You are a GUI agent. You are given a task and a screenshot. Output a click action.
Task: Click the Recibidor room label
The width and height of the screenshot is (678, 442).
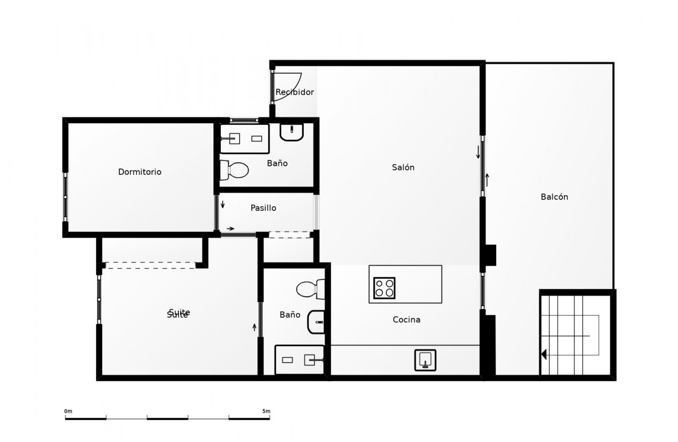pos(294,92)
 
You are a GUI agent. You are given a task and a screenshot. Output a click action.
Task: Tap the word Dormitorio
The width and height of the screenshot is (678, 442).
pos(140,172)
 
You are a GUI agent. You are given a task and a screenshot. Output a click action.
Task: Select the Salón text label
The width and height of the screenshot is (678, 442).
pos(403,167)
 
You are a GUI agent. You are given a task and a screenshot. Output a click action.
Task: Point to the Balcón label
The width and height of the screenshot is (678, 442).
pos(554,197)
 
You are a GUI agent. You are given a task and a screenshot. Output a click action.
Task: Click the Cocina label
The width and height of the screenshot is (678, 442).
pos(406,319)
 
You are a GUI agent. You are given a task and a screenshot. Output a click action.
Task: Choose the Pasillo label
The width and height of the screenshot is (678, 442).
pos(263,208)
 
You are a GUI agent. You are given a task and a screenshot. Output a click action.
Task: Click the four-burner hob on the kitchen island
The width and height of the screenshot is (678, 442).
pos(384,288)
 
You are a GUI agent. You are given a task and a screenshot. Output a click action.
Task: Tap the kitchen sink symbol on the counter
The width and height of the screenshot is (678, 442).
pos(425,360)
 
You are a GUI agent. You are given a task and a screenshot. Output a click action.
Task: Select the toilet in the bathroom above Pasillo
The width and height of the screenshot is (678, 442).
pos(234,169)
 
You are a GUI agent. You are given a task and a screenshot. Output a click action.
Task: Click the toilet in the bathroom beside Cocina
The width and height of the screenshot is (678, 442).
pos(310,289)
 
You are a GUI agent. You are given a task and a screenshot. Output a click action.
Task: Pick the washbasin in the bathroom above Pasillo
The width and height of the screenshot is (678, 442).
pos(292,132)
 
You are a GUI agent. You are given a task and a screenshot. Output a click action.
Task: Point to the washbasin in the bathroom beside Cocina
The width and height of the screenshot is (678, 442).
pos(316,322)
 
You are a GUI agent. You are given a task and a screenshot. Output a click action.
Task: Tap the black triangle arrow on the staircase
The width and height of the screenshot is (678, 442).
pos(544,355)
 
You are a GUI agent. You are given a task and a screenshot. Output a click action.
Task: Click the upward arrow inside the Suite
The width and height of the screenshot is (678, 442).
pos(254,327)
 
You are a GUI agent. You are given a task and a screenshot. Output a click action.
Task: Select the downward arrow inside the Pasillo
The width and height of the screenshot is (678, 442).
pos(223,204)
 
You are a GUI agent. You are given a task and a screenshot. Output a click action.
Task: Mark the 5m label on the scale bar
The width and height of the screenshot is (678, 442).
pos(266,411)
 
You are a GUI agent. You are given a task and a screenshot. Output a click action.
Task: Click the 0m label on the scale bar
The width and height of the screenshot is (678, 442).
pos(68,411)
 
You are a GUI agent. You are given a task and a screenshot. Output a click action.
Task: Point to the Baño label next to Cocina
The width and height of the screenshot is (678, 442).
pos(290,315)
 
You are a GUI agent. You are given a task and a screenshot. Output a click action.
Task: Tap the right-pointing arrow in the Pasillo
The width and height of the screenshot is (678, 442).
pos(230,228)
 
